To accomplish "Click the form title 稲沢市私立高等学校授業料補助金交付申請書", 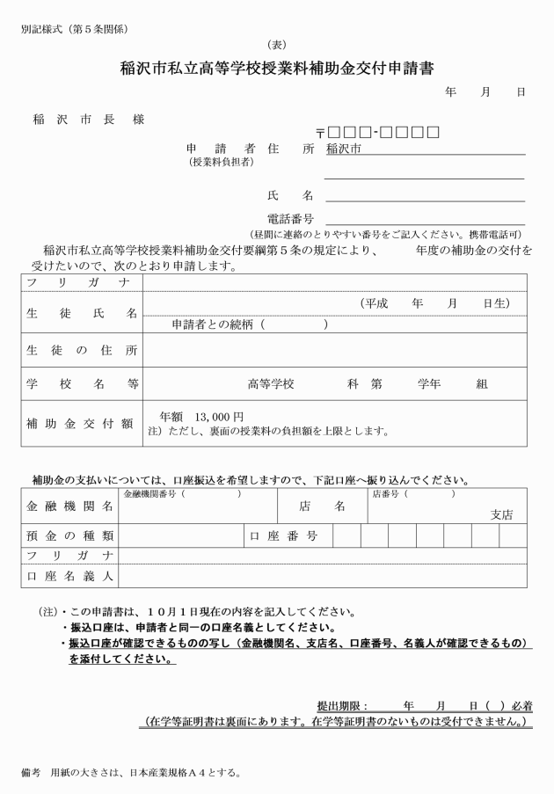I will point(277,69).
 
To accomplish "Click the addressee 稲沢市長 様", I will point(88,120).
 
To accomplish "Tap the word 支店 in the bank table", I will point(501,514).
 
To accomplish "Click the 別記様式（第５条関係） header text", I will point(75,29).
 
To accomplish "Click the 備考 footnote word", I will point(32,774).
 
